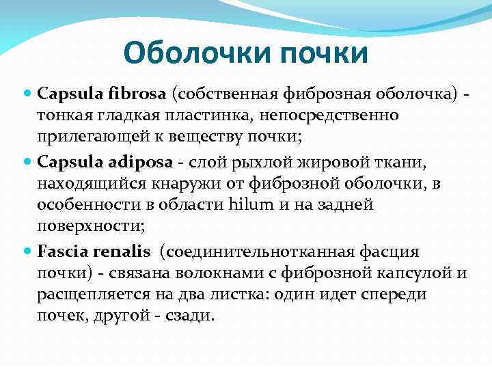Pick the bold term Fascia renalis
tap(94, 252)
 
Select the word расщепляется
tap(86, 296)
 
